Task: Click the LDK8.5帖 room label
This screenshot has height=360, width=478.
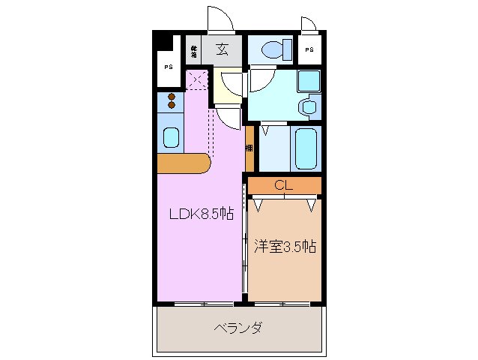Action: coord(201,214)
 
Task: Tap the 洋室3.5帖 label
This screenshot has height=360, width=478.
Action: coord(284,245)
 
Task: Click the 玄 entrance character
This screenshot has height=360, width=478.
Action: coord(223,50)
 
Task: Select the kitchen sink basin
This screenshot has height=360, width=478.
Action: coord(171,138)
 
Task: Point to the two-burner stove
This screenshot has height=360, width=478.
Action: coord(172,100)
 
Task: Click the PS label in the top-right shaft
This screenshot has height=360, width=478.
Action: coord(309,50)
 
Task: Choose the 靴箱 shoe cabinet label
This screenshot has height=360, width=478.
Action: coord(193,51)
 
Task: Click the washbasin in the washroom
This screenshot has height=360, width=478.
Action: coord(307,107)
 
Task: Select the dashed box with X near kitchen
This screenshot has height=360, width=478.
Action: coord(196,78)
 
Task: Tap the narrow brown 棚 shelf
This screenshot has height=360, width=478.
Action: coord(249,148)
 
